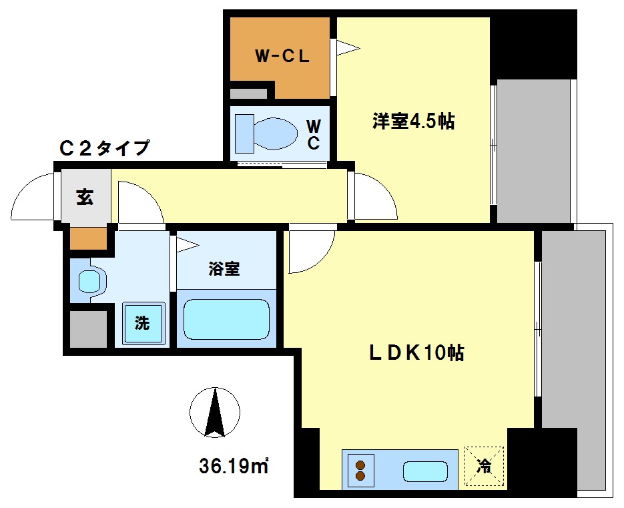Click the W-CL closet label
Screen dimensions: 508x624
pos(282,57)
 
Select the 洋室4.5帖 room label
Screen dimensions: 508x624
pos(414,121)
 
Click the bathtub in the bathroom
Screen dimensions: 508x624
pos(226,319)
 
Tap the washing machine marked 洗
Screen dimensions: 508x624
pos(142,324)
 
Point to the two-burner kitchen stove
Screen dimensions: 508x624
pos(361,471)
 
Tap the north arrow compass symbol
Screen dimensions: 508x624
pos(214,413)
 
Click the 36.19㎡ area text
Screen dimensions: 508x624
pos(233,465)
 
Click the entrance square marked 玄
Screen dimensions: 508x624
pos(85,197)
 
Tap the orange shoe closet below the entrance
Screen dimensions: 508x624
pos(89,238)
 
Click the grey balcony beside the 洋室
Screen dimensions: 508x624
pos(533,152)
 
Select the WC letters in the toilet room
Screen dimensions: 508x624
pos(313,134)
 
